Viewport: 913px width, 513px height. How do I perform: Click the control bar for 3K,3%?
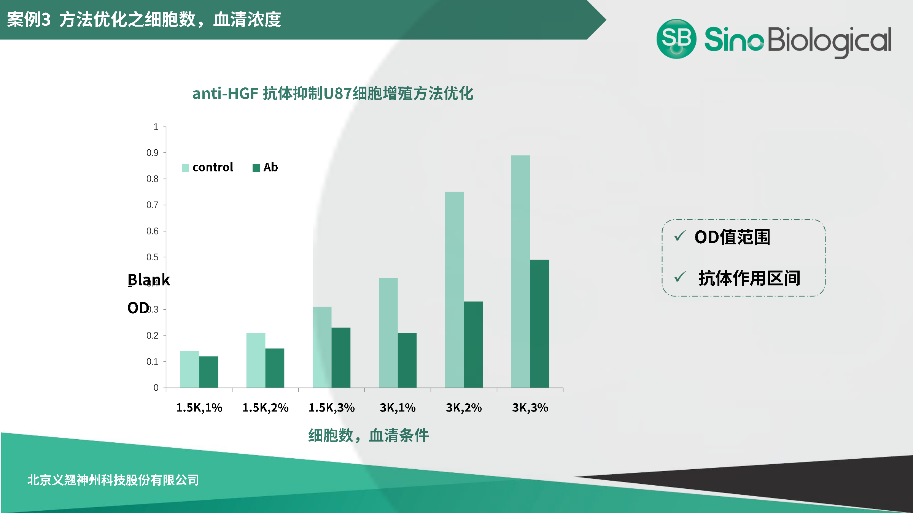[520, 271]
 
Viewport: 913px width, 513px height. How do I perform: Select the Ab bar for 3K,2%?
[473, 345]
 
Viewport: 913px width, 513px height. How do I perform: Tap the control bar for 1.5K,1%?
[189, 369]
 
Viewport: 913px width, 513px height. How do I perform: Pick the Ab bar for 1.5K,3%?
[341, 358]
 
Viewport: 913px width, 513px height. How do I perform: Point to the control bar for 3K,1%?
[388, 333]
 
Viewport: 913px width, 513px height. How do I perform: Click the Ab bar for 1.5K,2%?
[275, 368]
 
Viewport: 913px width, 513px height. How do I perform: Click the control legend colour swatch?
[185, 168]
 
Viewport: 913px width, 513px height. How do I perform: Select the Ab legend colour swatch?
[256, 168]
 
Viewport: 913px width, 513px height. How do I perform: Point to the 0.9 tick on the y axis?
[165, 153]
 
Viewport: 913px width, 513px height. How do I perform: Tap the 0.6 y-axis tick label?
[153, 231]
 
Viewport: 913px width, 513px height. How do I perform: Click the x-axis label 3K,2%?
[464, 408]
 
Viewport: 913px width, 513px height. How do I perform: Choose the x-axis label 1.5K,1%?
[199, 408]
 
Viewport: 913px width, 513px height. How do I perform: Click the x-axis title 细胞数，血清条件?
[368, 435]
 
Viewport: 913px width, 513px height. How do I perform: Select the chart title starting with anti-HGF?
[333, 93]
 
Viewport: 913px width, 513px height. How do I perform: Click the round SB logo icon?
[676, 39]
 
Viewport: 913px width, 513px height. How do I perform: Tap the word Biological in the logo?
[830, 41]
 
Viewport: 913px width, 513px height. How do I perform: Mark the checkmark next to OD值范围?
[680, 236]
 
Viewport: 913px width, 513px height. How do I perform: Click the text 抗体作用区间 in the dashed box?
[749, 278]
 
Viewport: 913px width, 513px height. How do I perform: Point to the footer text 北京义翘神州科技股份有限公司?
[113, 480]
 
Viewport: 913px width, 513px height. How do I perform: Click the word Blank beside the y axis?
[149, 280]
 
